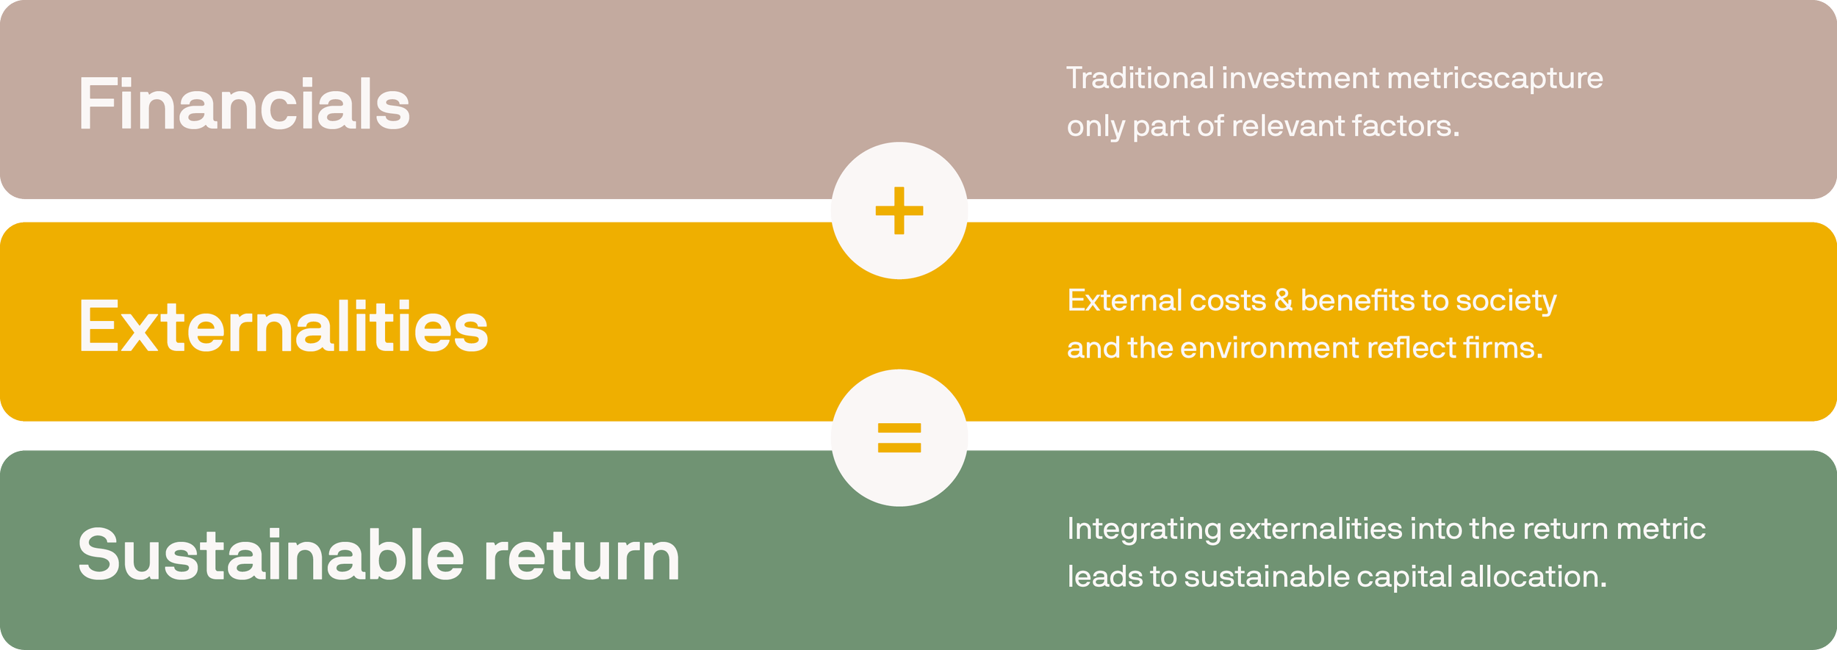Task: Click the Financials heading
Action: click(x=243, y=105)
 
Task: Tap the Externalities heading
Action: click(x=283, y=327)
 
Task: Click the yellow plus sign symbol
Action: click(x=899, y=211)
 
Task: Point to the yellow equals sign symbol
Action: click(x=899, y=438)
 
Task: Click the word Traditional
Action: click(x=1140, y=79)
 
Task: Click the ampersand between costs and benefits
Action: click(x=1283, y=300)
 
